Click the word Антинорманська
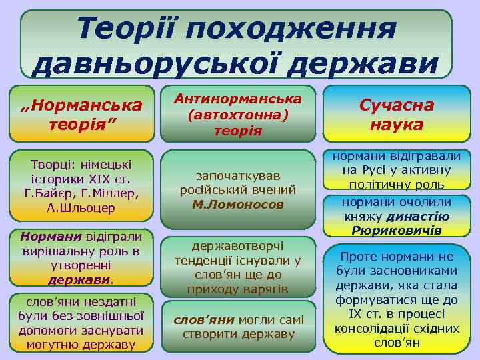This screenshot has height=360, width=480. coord(239,99)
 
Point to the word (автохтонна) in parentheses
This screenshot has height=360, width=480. coord(239,115)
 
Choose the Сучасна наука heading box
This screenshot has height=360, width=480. coord(396,115)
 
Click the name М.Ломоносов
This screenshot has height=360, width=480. coord(238,204)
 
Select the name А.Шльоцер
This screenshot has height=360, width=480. coord(81,207)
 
